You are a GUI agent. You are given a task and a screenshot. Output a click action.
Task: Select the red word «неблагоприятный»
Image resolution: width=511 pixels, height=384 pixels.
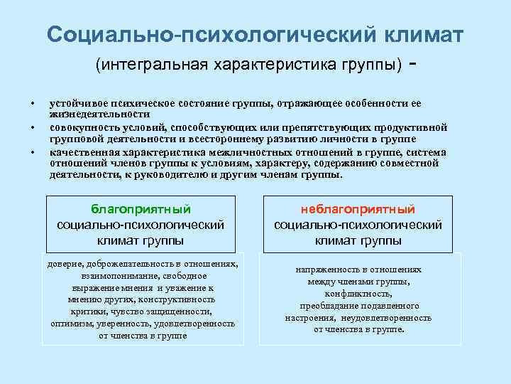tap(358, 209)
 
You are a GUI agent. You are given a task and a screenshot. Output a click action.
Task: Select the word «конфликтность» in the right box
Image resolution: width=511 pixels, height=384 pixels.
tap(358, 293)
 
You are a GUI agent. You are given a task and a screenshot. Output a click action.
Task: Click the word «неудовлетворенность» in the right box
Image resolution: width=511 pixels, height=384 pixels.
tap(387, 318)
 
